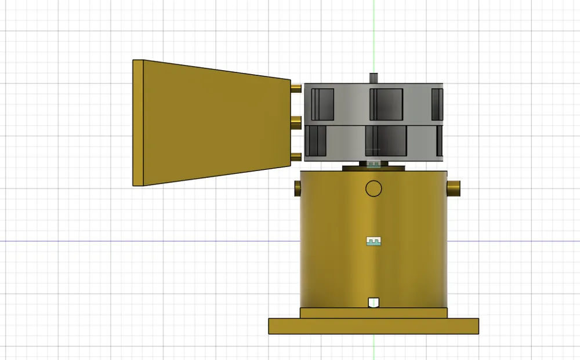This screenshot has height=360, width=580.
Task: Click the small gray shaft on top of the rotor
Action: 374,78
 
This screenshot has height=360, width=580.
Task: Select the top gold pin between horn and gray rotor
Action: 296,88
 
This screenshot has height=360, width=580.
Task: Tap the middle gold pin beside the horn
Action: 296,122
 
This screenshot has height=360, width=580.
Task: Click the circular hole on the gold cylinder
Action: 374,188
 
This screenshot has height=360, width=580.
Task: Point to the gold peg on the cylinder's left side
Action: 298,188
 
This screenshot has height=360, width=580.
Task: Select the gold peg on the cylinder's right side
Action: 453,188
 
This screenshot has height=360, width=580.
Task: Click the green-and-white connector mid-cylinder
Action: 374,241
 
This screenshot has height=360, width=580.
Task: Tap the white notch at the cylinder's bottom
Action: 374,302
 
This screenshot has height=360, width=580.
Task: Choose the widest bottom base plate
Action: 374,326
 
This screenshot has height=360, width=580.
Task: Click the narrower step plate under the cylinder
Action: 374,313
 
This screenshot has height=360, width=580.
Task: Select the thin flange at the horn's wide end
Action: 138,123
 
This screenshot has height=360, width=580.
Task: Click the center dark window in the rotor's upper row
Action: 386,103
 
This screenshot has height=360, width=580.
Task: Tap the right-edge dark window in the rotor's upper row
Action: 437,103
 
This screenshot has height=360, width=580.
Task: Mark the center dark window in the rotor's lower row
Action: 386,141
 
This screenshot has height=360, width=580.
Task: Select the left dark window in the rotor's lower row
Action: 317,141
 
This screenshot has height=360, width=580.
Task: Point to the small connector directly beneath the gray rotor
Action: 374,164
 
